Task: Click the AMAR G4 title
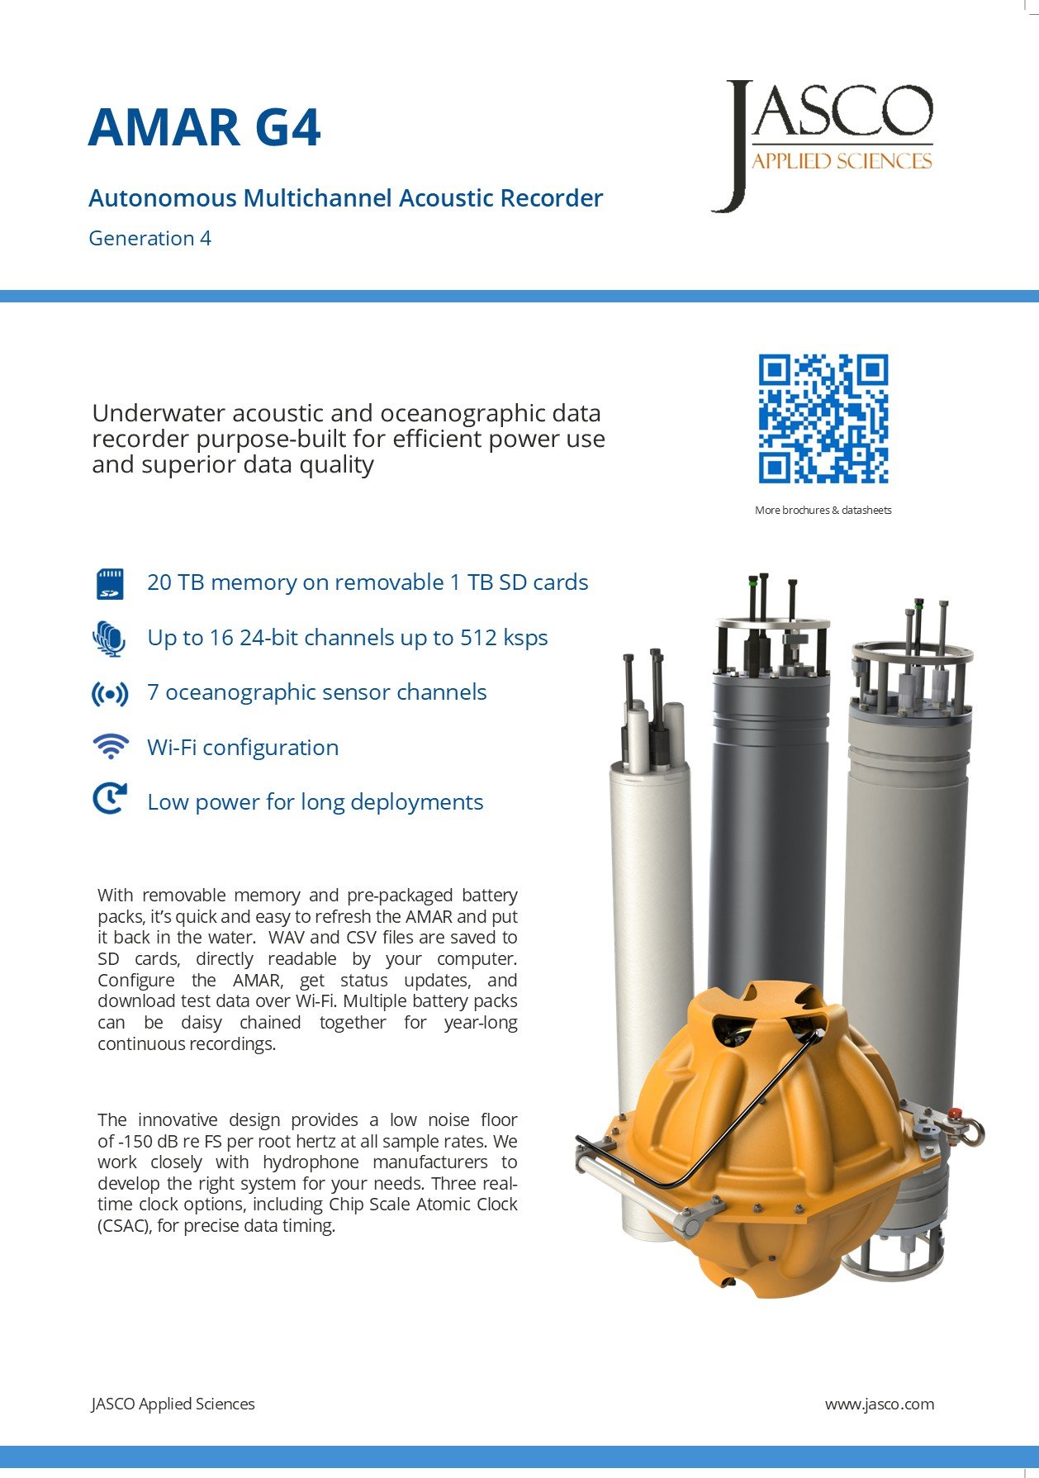pos(204,127)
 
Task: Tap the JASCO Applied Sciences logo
pos(823,145)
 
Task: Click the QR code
pos(823,419)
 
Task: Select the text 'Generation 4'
pos(149,239)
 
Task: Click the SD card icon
pos(110,583)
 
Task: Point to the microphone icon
pos(109,639)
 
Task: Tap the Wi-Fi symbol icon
pos(110,746)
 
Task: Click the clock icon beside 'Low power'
pos(110,800)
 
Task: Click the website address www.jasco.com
pos(879,1404)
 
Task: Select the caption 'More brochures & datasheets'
pos(823,511)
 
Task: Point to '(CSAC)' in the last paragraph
pos(124,1226)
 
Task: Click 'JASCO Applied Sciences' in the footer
pos(173,1404)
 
